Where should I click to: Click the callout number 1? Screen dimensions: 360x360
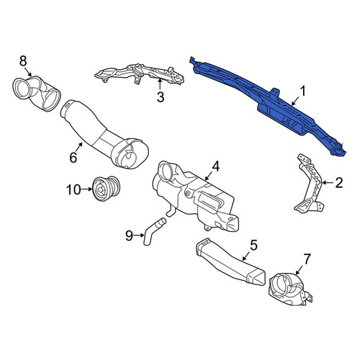tap(303, 91)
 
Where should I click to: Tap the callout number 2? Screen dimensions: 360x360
tap(339, 183)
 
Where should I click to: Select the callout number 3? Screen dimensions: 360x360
tap(161, 97)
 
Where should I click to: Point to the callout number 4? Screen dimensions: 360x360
tap(215, 166)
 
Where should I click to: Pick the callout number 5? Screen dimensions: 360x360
tap(253, 245)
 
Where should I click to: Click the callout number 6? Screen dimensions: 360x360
tap(73, 158)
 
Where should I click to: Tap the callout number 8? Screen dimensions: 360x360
tap(23, 61)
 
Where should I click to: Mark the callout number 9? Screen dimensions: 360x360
tap(129, 235)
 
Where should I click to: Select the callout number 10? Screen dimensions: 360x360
tap(73, 190)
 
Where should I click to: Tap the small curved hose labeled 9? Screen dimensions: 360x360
tap(153, 231)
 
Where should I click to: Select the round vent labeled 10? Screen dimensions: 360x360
tap(107, 189)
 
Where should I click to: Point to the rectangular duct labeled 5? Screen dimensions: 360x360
tap(230, 262)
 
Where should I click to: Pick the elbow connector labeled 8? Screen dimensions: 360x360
tap(36, 94)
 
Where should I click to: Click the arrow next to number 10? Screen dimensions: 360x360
tap(87, 189)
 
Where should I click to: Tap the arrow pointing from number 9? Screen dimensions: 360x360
tap(139, 235)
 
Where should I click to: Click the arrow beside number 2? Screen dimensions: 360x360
tap(328, 183)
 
